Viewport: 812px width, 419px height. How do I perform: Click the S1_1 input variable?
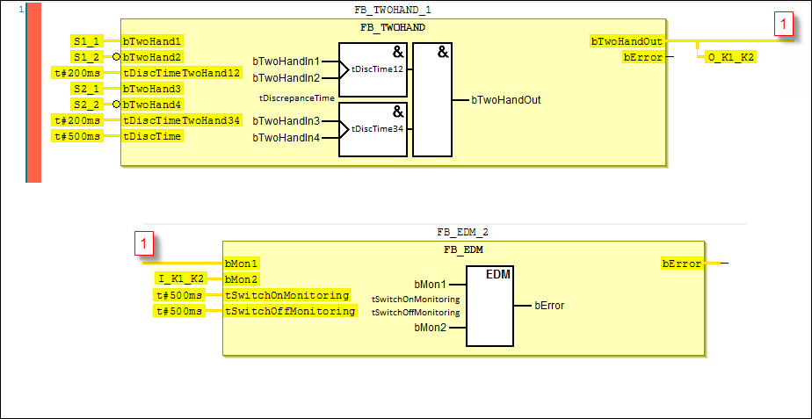coord(86,41)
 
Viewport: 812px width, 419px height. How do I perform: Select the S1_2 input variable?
coord(86,57)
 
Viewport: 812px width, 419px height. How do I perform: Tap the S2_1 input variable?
coord(86,89)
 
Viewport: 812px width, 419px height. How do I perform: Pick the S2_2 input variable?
coord(86,105)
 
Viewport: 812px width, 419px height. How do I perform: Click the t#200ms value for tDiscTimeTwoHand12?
coord(77,73)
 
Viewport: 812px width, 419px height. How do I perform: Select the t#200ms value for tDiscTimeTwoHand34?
coord(77,120)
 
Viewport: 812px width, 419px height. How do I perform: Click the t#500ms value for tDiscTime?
coord(77,136)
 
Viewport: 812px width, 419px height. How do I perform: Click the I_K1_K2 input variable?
coord(180,279)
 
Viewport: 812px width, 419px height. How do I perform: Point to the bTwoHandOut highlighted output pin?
coord(627,41)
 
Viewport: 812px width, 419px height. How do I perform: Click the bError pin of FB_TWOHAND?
coord(642,57)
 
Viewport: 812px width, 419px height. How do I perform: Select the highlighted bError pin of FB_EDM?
coord(681,264)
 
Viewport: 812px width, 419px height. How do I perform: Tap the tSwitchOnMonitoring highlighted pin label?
coord(287,295)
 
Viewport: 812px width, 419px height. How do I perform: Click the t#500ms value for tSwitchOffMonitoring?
coord(179,311)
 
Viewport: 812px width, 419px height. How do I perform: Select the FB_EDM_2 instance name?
coord(462,233)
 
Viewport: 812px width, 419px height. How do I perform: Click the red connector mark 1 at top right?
coord(785,26)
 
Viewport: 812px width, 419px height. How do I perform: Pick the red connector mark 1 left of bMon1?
coord(145,244)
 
